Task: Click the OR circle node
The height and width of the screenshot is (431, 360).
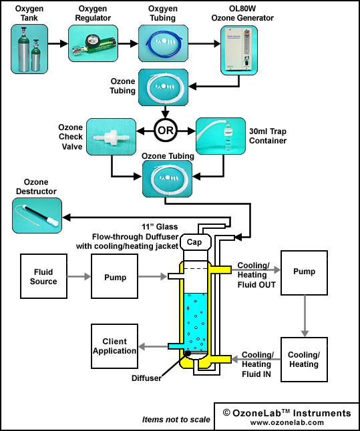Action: pyautogui.click(x=166, y=130)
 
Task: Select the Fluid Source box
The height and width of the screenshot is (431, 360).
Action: pyautogui.click(x=43, y=276)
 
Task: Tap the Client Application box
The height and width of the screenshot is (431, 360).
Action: pyautogui.click(x=114, y=346)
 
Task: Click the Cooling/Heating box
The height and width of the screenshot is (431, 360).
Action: pyautogui.click(x=304, y=359)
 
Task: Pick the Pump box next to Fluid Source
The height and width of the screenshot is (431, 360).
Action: pyautogui.click(x=114, y=276)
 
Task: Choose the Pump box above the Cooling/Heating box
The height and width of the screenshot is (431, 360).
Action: pyautogui.click(x=304, y=273)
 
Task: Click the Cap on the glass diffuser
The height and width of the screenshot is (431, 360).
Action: pyautogui.click(x=196, y=242)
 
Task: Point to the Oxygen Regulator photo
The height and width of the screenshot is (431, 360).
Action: pyautogui.click(x=93, y=43)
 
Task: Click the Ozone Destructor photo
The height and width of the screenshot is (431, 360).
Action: pyautogui.click(x=37, y=215)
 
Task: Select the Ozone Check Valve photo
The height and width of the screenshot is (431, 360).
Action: pyautogui.click(x=111, y=137)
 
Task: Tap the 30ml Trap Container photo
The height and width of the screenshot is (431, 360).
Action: pyautogui.click(x=220, y=136)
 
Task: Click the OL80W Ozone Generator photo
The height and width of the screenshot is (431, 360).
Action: pyautogui.click(x=239, y=50)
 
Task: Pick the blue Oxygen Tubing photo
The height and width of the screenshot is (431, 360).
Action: pyautogui.click(x=163, y=43)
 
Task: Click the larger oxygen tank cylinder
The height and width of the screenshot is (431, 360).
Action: pyautogui.click(x=23, y=49)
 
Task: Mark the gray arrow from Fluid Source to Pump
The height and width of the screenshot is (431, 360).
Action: pyautogui.click(x=79, y=276)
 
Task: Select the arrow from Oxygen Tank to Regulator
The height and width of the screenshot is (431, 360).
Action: pyautogui.click(x=58, y=43)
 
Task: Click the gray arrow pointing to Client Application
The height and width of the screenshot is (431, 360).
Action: pyautogui.click(x=153, y=346)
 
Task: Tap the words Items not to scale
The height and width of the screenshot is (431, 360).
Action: pyautogui.click(x=176, y=420)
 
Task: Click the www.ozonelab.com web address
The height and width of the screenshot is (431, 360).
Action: pyautogui.click(x=287, y=422)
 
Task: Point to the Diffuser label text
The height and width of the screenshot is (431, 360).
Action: pyautogui.click(x=146, y=378)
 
